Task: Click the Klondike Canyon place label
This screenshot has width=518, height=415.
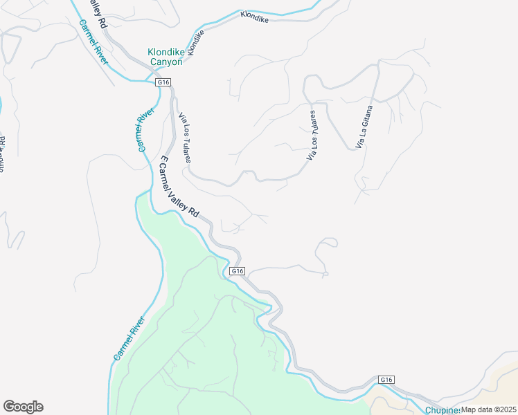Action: tap(165, 56)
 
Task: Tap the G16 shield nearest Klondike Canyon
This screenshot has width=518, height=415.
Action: tap(163, 82)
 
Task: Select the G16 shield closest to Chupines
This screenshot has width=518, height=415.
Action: tap(386, 380)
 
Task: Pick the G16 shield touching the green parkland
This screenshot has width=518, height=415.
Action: tap(238, 271)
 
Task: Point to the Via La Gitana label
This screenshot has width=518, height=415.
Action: tap(364, 126)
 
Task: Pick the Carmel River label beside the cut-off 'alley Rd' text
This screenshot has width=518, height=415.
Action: tap(93, 42)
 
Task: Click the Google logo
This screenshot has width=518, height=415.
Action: tap(23, 407)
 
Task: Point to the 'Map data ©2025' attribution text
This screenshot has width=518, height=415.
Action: tap(489, 409)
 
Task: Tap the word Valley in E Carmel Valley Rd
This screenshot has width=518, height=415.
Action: tap(178, 186)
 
